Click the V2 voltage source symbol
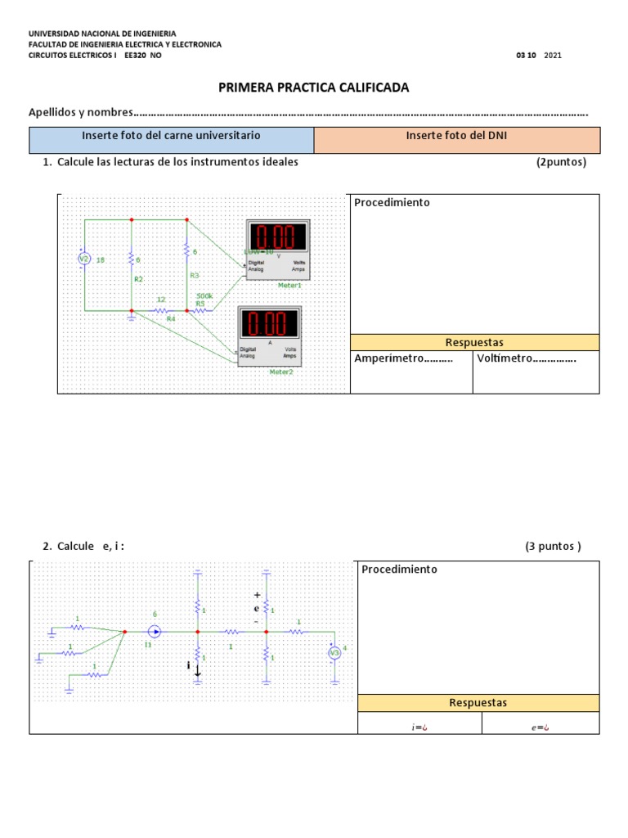tap(83, 259)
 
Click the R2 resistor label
tap(138, 279)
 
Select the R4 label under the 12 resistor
tap(171, 318)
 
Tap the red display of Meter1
tap(278, 237)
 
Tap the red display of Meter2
tap(270, 323)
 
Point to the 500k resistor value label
tap(204, 295)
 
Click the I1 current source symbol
tap(155, 632)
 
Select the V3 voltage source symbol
tap(334, 653)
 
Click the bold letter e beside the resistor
tap(257, 608)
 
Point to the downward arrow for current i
tap(198, 669)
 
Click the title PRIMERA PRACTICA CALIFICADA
tap(313, 88)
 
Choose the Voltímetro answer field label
tap(527, 358)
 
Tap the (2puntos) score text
tap(561, 162)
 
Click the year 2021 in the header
tap(553, 56)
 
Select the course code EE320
tap(135, 56)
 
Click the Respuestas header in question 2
tap(478, 702)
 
